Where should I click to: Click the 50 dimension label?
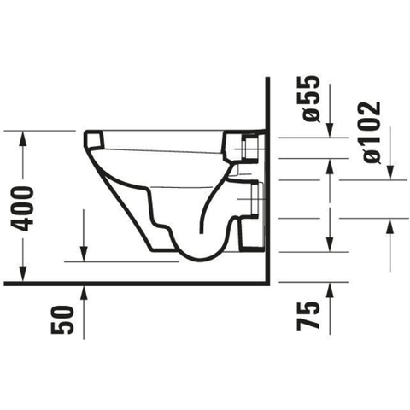tap(61, 319)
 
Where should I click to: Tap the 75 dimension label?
tap(307, 316)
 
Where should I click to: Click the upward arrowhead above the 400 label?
tap(23, 138)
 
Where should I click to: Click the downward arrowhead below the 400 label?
tap(23, 274)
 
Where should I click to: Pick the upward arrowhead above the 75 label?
tap(330, 290)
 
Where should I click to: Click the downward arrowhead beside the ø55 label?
tap(330, 130)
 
